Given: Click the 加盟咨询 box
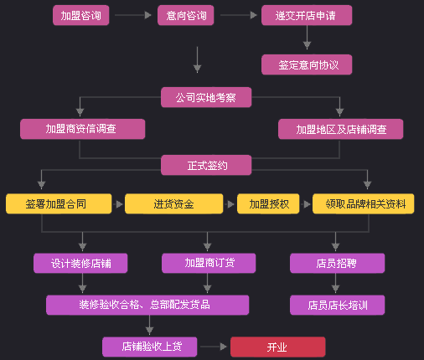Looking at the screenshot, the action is [x=81, y=15].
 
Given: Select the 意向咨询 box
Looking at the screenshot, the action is [x=186, y=15].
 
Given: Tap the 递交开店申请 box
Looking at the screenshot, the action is [x=307, y=15].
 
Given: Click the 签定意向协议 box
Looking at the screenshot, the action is [x=307, y=64].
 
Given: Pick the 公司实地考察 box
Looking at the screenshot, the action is [x=206, y=97].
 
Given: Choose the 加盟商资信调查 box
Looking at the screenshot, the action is [x=83, y=129].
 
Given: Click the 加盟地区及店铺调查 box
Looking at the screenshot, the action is [x=341, y=129].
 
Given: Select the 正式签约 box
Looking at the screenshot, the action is [x=206, y=165].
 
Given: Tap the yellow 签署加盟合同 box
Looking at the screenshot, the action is [x=59, y=204].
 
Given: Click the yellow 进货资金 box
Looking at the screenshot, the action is [x=174, y=204].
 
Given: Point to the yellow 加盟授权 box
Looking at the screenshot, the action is [x=268, y=204].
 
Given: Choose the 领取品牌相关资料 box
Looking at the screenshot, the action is [x=364, y=204].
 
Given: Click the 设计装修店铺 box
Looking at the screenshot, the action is [x=80, y=263].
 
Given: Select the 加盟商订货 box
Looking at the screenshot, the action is [x=209, y=263].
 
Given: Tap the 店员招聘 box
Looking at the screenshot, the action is [x=338, y=263].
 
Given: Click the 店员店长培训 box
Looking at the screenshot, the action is [x=338, y=305].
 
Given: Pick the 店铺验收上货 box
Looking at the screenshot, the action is [x=150, y=347].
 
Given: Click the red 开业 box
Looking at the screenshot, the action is [x=278, y=347].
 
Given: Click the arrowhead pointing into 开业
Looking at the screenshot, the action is [x=223, y=347].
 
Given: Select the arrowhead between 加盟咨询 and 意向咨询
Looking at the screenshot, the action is [x=147, y=15].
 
